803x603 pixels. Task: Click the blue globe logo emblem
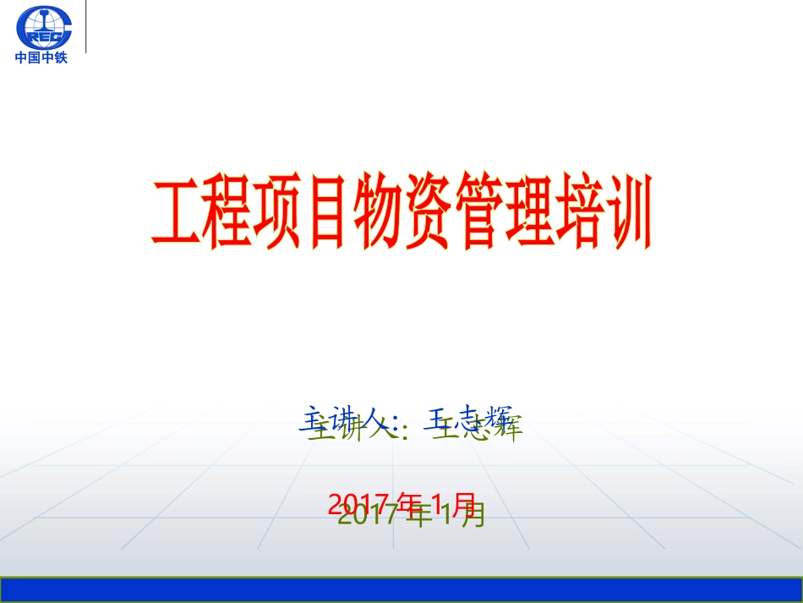click(45, 27)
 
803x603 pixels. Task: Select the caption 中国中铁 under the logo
click(41, 58)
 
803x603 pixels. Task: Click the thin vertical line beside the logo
click(86, 27)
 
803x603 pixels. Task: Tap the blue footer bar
click(401, 590)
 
